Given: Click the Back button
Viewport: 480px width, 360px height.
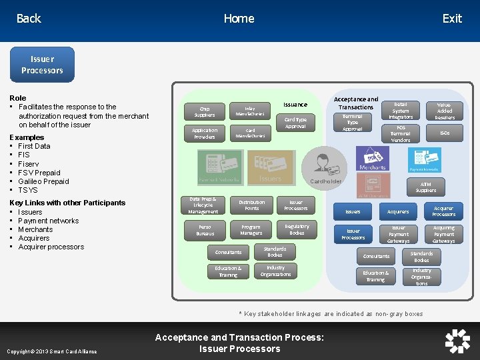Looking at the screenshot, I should click(x=29, y=19).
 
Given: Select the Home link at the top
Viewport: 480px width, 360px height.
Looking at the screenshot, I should click(x=239, y=19).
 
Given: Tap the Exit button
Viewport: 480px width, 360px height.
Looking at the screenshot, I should click(x=451, y=19).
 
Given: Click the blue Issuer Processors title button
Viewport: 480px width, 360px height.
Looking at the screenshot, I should click(x=42, y=65).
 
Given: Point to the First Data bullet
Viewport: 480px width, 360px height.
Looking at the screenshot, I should click(x=34, y=146).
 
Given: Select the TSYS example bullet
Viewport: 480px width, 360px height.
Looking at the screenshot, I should click(x=29, y=190).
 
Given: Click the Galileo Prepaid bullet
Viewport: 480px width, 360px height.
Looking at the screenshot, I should click(x=43, y=181).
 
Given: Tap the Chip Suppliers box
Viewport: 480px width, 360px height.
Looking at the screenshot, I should click(x=205, y=111).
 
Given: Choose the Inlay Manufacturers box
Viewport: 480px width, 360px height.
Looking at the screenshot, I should click(x=249, y=111).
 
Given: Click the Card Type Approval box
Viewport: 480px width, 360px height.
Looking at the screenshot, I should click(x=295, y=123).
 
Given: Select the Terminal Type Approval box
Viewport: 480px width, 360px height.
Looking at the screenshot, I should click(x=352, y=123).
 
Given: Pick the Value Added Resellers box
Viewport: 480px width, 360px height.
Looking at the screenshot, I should click(x=445, y=111).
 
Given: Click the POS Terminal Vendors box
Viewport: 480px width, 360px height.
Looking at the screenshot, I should click(x=401, y=133).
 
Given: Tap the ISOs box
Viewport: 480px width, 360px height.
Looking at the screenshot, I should click(x=445, y=133).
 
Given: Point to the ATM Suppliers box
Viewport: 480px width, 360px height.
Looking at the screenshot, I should click(x=426, y=187).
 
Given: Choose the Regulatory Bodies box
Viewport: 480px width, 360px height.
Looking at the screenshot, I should click(x=297, y=230).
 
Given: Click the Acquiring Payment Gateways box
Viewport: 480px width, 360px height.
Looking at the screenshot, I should click(x=443, y=234).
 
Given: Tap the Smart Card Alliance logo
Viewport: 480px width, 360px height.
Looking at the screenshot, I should click(x=457, y=341).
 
